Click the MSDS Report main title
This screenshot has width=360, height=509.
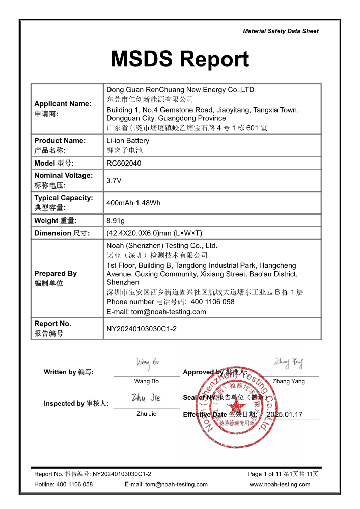coord(180,60)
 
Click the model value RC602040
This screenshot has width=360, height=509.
coord(124,163)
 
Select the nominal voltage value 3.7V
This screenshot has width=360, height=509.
coord(114,180)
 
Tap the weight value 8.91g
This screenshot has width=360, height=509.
coord(116,221)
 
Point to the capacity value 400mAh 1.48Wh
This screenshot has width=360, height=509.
coord(133,203)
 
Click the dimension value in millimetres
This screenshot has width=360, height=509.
coord(154,233)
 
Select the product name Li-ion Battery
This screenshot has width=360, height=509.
coord(128,140)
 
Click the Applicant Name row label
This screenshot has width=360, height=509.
coord(63,104)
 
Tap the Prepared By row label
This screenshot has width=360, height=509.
coord(56,274)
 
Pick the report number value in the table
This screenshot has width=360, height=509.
coord(142,329)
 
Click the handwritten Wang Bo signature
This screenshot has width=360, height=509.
coord(147,362)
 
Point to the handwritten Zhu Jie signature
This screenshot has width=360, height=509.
coord(146,397)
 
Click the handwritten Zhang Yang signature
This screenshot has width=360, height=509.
coord(289,363)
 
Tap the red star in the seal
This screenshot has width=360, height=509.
coord(236,406)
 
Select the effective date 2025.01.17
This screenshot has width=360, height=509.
coord(284,415)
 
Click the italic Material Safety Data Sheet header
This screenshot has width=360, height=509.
coord(281,31)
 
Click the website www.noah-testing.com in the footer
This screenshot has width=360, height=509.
coord(280,484)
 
